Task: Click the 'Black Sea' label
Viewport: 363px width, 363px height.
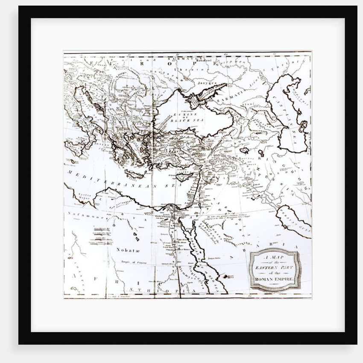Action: (184, 120)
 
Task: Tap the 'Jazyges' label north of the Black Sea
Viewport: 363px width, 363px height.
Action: (207, 82)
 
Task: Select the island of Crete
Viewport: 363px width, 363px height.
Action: (135, 174)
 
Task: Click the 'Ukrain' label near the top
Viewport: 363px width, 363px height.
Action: (192, 68)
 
